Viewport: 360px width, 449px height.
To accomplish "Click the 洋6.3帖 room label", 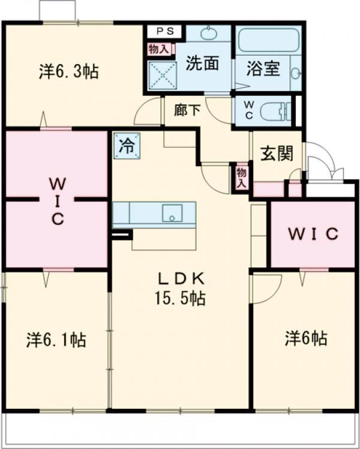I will tap(68, 72).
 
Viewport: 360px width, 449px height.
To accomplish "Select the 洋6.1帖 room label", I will tap(55, 340).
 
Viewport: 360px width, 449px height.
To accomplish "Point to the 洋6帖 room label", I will tap(305, 339).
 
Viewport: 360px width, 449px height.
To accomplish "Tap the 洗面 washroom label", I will tap(201, 64).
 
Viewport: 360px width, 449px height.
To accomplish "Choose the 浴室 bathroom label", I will tap(263, 68).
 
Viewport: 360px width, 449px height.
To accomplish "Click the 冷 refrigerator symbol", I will tap(126, 145).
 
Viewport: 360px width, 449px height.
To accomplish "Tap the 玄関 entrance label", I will tap(277, 153).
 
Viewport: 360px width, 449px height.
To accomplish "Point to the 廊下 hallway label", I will tap(187, 110).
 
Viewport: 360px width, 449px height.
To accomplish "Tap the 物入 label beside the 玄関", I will tap(241, 177).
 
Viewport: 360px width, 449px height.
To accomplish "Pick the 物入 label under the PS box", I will tap(158, 49).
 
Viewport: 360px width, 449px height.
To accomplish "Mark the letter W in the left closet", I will tap(57, 182).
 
